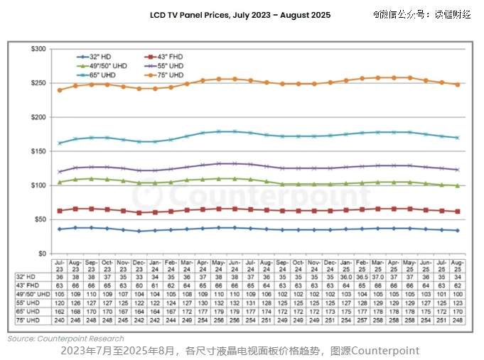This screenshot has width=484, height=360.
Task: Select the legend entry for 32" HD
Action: point(96,56)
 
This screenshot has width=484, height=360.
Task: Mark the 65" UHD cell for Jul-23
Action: point(60,312)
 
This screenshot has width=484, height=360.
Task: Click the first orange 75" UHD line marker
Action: point(60,90)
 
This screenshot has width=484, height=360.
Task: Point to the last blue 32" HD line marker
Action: point(456,230)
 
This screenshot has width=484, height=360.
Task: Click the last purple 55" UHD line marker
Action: point(456,170)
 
